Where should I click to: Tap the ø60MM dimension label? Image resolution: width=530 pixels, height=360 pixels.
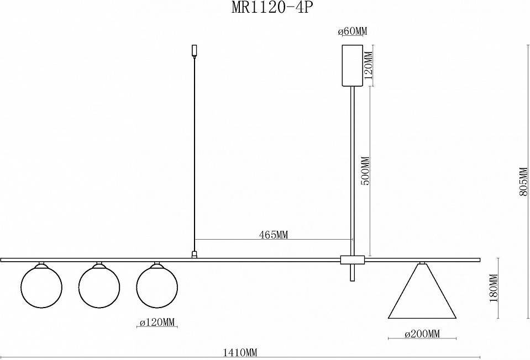coord(352,31)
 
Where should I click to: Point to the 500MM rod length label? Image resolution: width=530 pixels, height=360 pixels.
coord(365,172)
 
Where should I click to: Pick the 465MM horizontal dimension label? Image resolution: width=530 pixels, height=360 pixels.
coord(274,235)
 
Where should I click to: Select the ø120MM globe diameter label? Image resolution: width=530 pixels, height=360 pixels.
coord(158,322)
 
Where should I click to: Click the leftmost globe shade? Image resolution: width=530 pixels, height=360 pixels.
coord(41,287)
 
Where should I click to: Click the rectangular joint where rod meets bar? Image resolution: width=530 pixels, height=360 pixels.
coord(353,259)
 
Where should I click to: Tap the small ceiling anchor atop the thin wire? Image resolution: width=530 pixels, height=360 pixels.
coord(193,50)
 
